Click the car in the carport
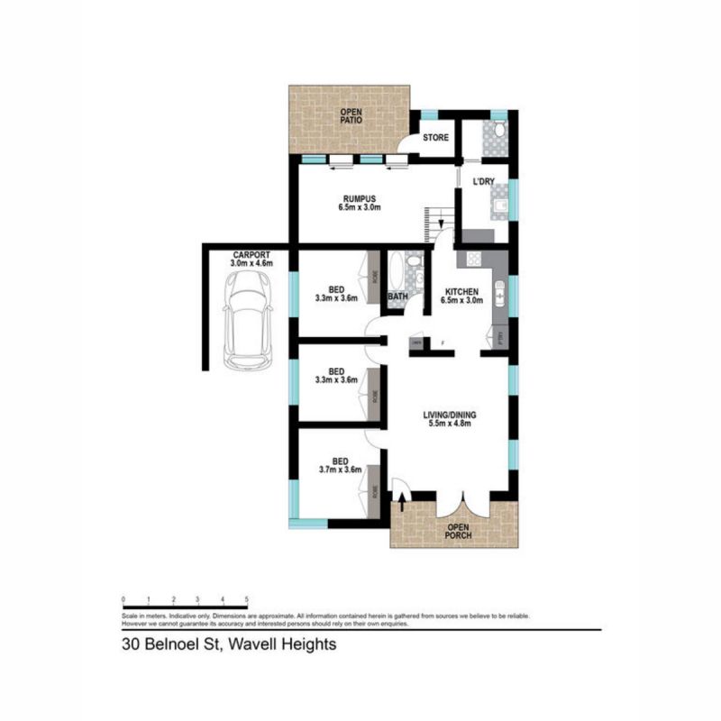(247, 319)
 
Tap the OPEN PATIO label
(349, 116)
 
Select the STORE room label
(436, 138)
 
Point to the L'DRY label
(484, 183)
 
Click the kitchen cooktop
(471, 260)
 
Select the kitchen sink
(498, 293)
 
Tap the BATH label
(398, 297)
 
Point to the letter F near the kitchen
(443, 342)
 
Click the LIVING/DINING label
(450, 415)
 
